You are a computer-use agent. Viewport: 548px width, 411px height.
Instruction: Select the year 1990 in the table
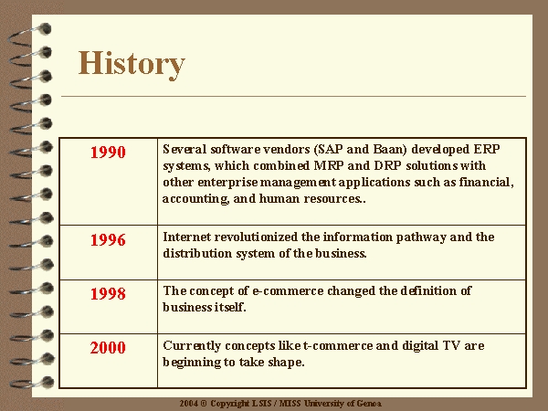click(108, 153)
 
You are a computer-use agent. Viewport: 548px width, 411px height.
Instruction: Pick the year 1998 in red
click(108, 294)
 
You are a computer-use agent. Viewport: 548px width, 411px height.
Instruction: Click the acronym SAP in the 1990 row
click(330, 150)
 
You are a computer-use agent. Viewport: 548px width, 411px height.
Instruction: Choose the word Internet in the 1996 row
click(186, 237)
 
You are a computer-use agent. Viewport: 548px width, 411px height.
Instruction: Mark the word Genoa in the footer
click(369, 404)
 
